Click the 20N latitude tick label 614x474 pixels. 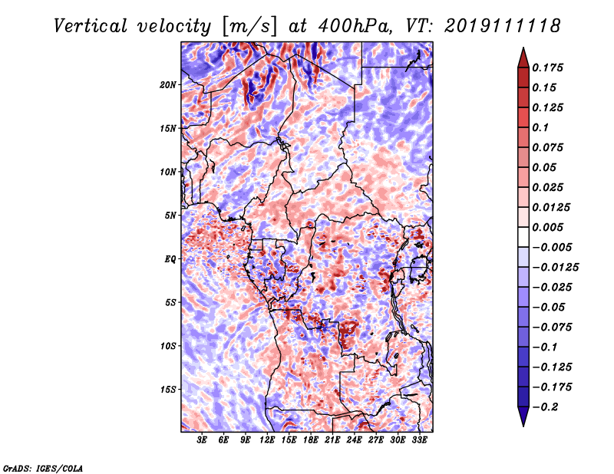click(x=168, y=84)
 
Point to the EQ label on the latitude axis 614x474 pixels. click(x=170, y=259)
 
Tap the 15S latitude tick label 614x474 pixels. click(x=168, y=390)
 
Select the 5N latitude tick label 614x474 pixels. click(x=170, y=216)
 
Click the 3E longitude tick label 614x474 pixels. click(x=203, y=440)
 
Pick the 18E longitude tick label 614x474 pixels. click(x=311, y=440)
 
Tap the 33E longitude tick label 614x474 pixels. click(x=419, y=440)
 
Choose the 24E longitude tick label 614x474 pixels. click(x=354, y=440)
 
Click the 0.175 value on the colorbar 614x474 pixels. click(x=550, y=67)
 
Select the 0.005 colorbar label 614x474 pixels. click(x=550, y=227)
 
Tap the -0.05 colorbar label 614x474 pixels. click(x=550, y=307)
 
